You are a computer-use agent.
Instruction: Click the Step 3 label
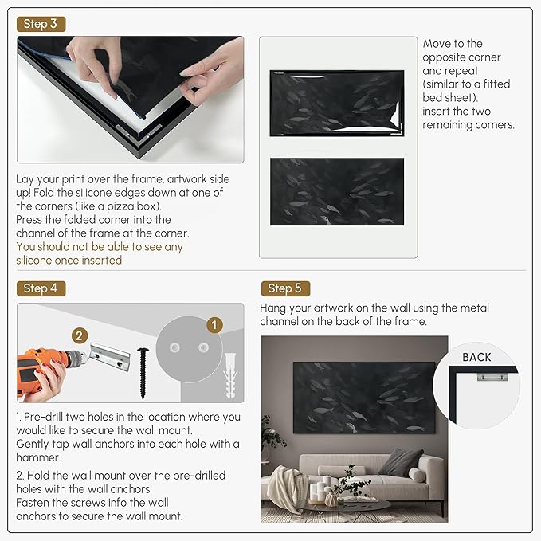(40, 24)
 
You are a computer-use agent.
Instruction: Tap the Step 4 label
(40, 288)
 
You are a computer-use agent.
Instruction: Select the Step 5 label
(284, 288)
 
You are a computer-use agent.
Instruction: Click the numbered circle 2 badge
(80, 335)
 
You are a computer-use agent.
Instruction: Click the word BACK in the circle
(476, 357)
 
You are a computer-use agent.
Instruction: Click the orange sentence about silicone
(100, 253)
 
